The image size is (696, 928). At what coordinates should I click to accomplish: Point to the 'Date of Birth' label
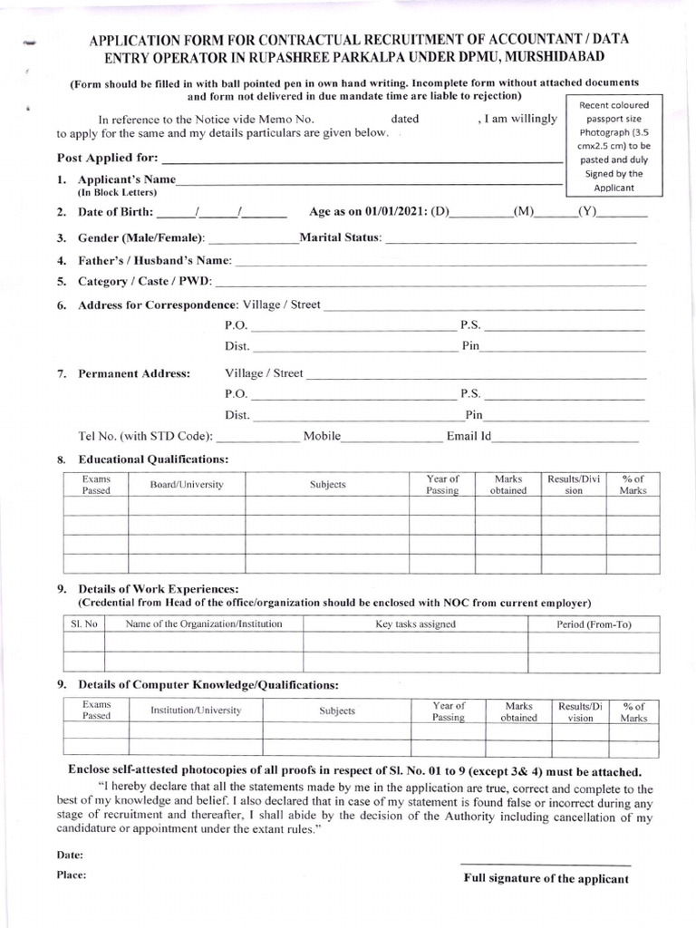116,213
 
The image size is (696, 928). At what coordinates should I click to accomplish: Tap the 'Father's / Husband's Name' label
155,260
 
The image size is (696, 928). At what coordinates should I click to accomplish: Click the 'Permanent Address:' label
134,373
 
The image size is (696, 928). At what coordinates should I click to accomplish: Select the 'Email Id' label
469,436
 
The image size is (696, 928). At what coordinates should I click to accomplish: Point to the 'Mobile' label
322,436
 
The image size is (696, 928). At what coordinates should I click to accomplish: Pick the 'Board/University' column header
187,485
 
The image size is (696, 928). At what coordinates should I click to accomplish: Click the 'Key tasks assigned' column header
415,624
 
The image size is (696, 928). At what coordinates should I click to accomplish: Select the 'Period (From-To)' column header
594,624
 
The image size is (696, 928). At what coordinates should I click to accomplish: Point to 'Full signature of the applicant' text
546,878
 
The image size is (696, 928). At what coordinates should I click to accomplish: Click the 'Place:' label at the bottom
72,875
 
